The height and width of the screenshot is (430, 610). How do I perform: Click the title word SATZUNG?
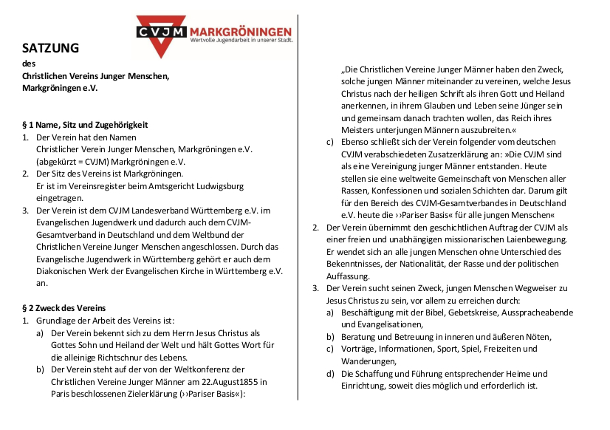50,49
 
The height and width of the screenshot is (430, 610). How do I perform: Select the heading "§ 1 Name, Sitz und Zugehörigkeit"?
85,125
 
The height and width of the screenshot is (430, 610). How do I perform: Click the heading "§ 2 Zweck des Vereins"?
64,307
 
